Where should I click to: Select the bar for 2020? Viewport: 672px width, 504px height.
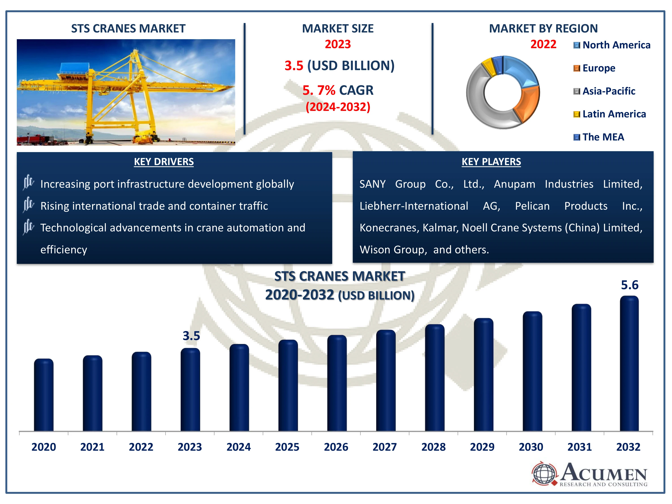coord(44,395)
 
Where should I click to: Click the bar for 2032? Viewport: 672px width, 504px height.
coord(629,363)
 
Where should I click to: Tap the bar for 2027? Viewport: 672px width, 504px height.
coord(386,380)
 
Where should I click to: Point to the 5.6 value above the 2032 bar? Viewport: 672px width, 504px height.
coord(629,285)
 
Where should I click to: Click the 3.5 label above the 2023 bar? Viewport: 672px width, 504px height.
coord(191,336)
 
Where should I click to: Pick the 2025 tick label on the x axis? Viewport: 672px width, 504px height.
coord(287,447)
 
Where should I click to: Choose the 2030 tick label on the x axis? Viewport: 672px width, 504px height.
coord(531,447)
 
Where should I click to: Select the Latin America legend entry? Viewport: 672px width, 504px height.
coord(610,114)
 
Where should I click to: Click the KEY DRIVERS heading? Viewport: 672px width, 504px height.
coord(164,162)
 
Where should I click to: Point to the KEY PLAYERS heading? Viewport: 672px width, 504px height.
coord(491,162)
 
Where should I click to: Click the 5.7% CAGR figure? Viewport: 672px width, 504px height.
coord(338,90)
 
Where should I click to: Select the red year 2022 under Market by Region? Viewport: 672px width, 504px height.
coord(543,44)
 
